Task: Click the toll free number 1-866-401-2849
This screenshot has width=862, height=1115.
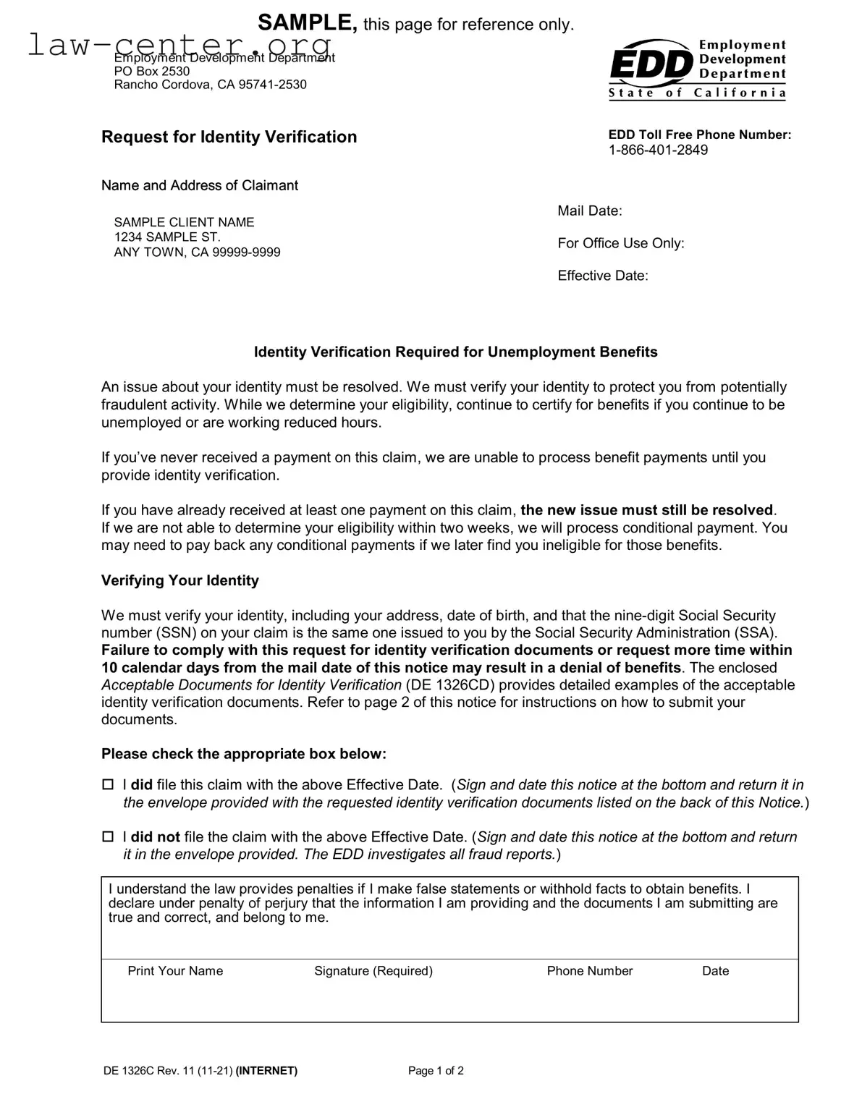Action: pos(658,150)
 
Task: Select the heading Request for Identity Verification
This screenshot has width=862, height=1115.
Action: pos(229,137)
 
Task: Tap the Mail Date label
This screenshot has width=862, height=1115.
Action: pos(589,211)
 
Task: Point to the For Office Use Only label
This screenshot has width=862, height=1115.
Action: pos(620,243)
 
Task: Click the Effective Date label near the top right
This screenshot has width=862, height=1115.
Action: pos(602,276)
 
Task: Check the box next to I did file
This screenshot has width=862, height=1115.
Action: pos(108,784)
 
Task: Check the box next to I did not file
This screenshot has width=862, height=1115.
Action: pos(108,836)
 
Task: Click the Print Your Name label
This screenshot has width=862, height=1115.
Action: pos(175,971)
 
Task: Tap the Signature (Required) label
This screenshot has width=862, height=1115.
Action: pos(373,971)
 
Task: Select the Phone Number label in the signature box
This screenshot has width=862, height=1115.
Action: pos(589,971)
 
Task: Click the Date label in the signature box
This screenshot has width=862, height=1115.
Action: pos(715,971)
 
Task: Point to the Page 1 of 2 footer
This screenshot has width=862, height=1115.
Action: pos(436,1071)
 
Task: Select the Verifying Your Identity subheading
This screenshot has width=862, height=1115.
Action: pos(179,580)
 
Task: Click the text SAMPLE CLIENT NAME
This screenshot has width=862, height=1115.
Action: pos(184,222)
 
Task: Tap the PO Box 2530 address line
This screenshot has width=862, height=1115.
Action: pos(152,71)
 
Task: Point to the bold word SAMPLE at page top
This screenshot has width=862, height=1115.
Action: pos(307,22)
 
